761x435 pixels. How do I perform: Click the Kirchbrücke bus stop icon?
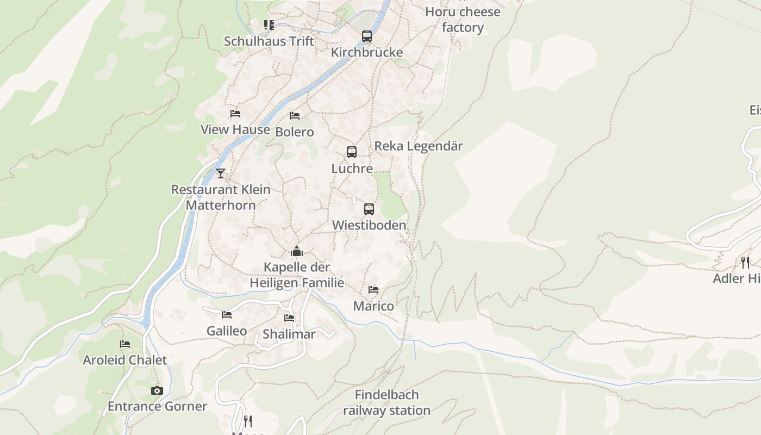[x=367, y=36]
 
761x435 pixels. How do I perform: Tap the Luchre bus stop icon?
[x=352, y=152]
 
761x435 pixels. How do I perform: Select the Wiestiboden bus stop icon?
[x=369, y=209]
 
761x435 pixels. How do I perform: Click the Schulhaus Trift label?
[x=269, y=41]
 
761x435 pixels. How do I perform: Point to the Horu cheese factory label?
[x=463, y=20]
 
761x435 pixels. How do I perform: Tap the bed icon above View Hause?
[x=235, y=114]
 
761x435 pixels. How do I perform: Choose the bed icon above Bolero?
[x=295, y=116]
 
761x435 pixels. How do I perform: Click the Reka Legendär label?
[x=419, y=146]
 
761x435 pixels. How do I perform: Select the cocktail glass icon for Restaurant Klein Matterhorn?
[x=220, y=173]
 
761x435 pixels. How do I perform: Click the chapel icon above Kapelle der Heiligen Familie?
[x=297, y=251]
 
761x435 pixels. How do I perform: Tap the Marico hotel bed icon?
[x=373, y=290]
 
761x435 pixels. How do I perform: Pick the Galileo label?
[x=227, y=331]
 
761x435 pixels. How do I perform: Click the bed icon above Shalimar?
[x=289, y=318]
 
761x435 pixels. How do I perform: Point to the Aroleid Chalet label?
[x=125, y=360]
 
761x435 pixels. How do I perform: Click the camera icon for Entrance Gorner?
[x=157, y=390]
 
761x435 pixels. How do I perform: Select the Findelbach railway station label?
[x=386, y=402]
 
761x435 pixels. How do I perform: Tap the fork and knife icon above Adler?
[x=745, y=263]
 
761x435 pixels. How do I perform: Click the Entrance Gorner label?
[x=157, y=406]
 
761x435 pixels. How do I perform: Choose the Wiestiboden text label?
[x=369, y=225]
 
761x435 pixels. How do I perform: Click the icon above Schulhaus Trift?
[x=269, y=24]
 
